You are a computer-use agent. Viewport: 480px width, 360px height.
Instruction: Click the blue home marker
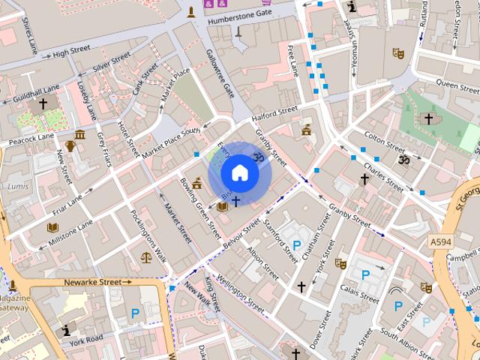[x=239, y=173]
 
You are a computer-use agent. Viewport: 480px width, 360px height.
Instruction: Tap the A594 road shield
[x=442, y=241]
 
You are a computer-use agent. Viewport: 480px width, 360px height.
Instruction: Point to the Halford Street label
[x=274, y=114]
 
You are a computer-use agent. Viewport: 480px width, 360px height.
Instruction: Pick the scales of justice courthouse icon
[x=145, y=256]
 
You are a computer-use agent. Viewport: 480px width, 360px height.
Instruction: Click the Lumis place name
[x=17, y=185]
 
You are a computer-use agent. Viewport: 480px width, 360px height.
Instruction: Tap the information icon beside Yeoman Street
[x=352, y=7]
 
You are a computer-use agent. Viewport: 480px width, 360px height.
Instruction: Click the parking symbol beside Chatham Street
[x=297, y=245]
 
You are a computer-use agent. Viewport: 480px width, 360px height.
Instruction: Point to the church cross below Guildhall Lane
[x=43, y=104]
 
